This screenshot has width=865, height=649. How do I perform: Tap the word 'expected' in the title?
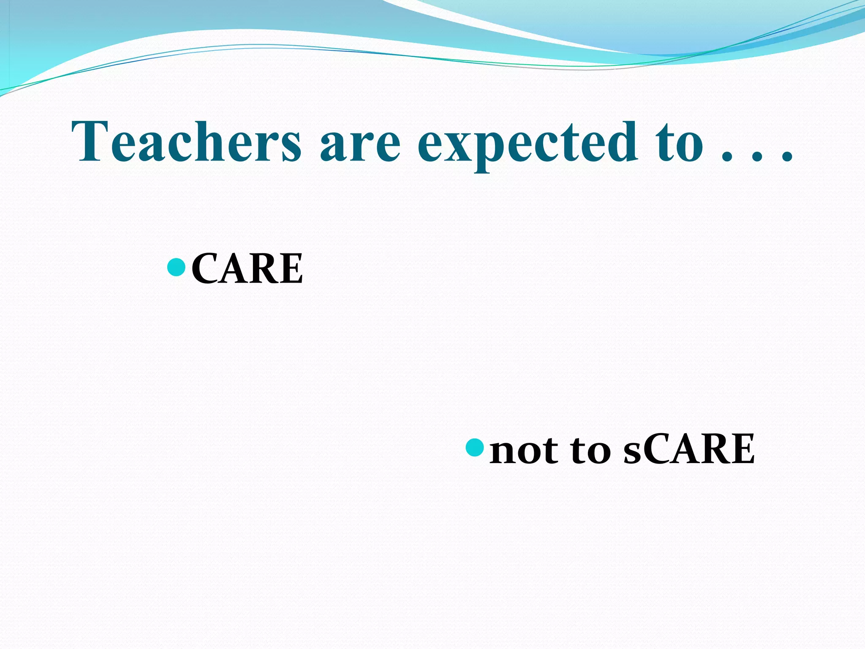click(x=528, y=144)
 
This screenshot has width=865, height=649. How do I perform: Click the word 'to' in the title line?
click(x=680, y=144)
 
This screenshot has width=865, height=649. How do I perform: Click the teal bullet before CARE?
click(x=177, y=267)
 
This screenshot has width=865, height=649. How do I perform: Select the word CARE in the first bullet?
click(x=247, y=268)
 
